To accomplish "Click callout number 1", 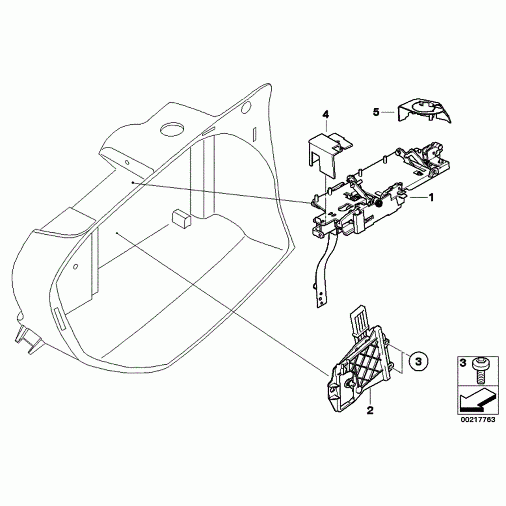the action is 430,197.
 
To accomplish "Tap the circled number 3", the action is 418,361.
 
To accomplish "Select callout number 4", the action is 326,115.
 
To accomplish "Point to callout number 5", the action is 376,112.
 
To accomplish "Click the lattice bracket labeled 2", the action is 361,365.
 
